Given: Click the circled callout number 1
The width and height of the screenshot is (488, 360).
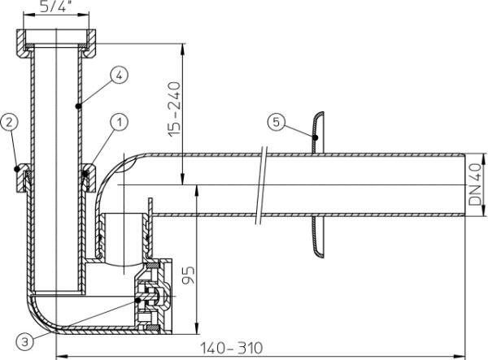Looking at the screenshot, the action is click(120, 122).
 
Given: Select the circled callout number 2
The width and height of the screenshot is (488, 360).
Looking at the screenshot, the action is click(9, 122).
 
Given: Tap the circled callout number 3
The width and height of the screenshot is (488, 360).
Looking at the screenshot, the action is click(24, 342).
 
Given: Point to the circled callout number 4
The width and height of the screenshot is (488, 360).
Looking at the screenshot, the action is click(120, 75).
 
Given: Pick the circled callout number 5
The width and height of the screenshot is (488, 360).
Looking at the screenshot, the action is click(277, 122).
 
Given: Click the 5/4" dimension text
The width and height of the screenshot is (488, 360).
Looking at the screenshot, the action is click(56, 7).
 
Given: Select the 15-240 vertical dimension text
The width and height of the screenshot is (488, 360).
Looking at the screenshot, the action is click(174, 109).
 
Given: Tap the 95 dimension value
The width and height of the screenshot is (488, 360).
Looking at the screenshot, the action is click(189, 275).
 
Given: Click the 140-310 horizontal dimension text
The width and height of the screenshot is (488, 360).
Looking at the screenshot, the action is click(231, 348).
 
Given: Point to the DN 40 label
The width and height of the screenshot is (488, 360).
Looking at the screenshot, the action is click(475, 184).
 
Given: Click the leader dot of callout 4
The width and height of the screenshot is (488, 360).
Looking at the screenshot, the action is click(78, 106).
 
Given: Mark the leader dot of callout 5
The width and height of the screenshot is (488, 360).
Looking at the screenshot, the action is click(316, 137).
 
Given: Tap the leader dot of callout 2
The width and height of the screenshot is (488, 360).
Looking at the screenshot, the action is click(17, 169).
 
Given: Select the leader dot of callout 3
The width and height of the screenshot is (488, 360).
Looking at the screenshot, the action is click(138, 300).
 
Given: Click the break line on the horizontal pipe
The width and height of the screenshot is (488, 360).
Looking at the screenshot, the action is click(261, 185).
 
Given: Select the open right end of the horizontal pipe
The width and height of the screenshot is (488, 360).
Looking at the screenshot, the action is click(464, 184).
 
